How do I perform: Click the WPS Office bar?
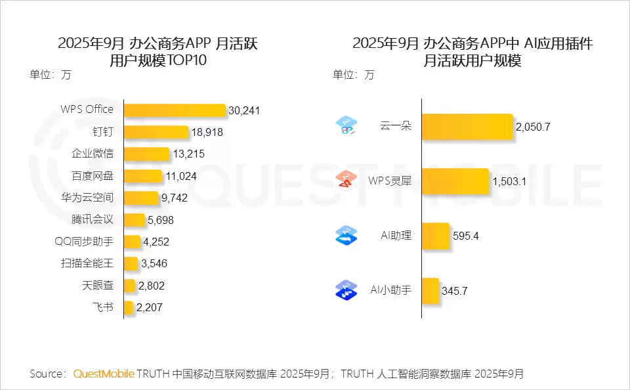pos(175,110)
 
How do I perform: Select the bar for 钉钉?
pos(156,132)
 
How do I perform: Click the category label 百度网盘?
pos(93,176)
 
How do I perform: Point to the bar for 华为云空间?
pos(141,198)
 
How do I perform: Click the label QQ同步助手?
pos(84,242)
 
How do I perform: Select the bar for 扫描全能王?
pos(131,264)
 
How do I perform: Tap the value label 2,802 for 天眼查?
pos(152,286)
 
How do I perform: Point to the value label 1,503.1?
pos(509,181)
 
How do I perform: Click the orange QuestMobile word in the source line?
pos(103,374)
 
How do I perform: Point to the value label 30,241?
pos(244,110)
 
